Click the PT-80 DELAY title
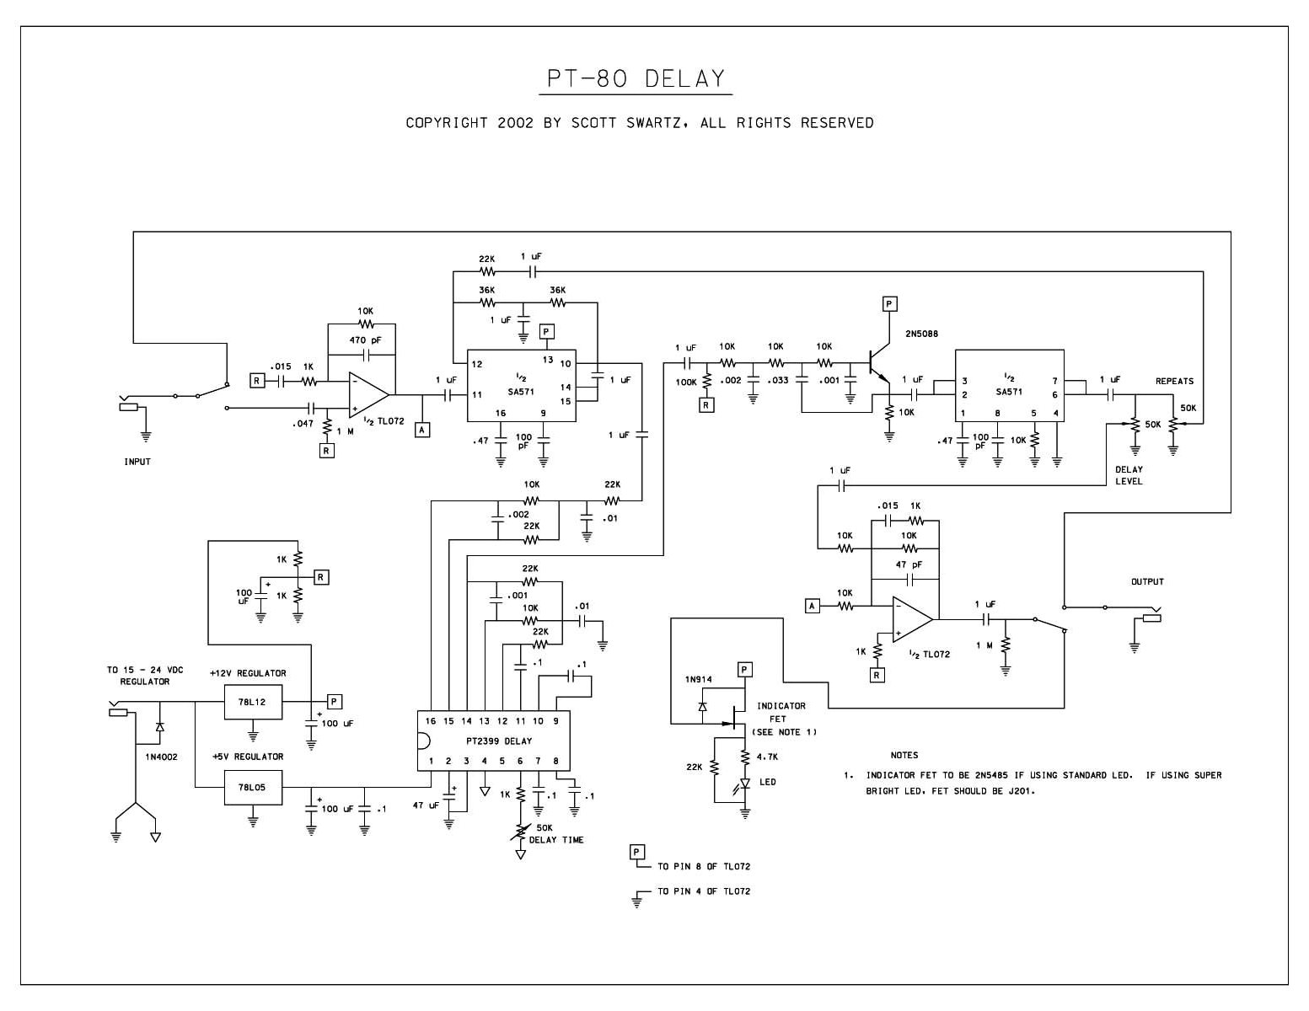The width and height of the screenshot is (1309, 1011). (x=636, y=78)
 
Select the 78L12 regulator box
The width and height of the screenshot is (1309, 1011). (x=253, y=702)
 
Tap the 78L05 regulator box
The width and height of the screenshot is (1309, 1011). (x=253, y=787)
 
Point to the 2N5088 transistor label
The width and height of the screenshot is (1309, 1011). (x=922, y=334)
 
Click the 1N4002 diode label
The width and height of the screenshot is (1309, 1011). (x=161, y=757)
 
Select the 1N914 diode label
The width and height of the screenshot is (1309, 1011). (x=698, y=679)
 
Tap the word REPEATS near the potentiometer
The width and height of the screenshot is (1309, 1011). (x=1174, y=381)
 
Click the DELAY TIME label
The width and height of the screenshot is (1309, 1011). (x=556, y=840)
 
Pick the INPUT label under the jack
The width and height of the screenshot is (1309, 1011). (x=137, y=462)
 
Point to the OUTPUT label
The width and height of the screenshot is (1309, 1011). (x=1147, y=581)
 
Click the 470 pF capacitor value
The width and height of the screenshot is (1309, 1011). (x=365, y=340)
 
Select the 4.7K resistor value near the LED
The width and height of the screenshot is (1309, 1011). (x=767, y=757)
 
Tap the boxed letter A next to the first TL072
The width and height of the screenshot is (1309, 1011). (x=422, y=430)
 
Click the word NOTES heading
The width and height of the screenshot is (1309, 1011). (x=904, y=755)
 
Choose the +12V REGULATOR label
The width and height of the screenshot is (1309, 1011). (x=248, y=673)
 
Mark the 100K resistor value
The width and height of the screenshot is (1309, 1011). (x=686, y=382)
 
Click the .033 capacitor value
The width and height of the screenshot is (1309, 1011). (x=778, y=381)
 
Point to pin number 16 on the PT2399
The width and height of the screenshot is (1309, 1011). (x=431, y=720)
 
